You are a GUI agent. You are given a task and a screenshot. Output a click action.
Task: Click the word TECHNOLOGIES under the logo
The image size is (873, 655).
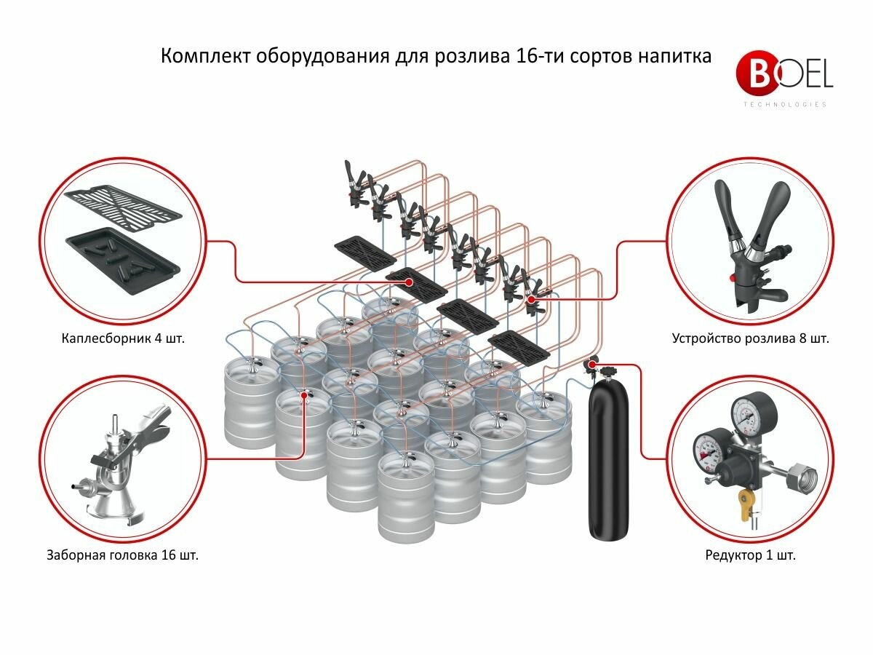click(x=784, y=105)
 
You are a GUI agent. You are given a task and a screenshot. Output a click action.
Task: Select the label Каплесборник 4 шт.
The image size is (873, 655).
click(x=124, y=338)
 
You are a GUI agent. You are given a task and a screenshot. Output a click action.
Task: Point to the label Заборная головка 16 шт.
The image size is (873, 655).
click(x=123, y=555)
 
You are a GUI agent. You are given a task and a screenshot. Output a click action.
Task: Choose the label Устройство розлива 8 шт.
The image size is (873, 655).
click(x=750, y=338)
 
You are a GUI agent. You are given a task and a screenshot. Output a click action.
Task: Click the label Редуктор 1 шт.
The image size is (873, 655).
click(x=750, y=555)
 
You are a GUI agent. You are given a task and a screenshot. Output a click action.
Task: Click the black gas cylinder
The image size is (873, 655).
click(x=609, y=458)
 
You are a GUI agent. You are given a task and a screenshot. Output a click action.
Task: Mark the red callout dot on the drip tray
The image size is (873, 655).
click(x=409, y=281)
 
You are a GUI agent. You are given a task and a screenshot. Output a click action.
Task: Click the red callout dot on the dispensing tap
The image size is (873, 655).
click(x=531, y=298)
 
